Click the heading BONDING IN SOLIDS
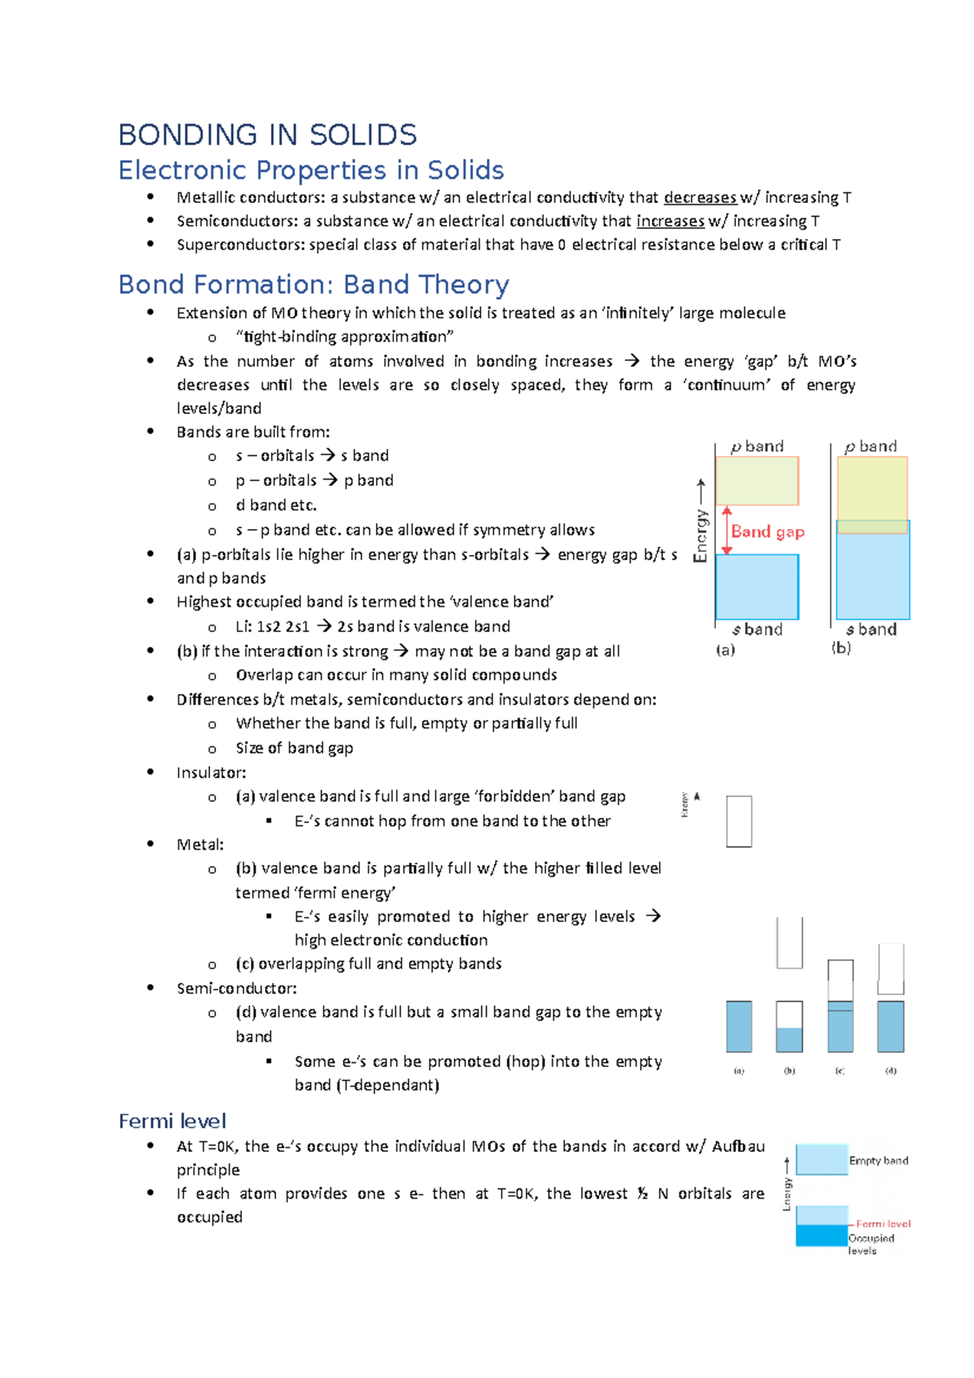pos(267,135)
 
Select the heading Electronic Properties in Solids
pos(311,170)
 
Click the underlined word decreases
pos(699,197)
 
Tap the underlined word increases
pos(670,221)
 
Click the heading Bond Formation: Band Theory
pos(313,285)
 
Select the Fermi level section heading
pos(172,1121)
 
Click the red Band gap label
pos(767,532)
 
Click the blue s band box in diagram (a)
pos(756,586)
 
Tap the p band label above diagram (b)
pos(870,446)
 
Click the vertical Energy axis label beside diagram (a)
pos(700,535)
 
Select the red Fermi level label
pos(882,1223)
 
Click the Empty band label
pos(878,1161)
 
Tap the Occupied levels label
pos(870,1244)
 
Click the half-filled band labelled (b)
pos(789,1027)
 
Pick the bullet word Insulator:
pos(211,773)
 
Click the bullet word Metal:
pos(200,845)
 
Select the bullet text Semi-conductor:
pos(236,988)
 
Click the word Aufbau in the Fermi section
pos(738,1147)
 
